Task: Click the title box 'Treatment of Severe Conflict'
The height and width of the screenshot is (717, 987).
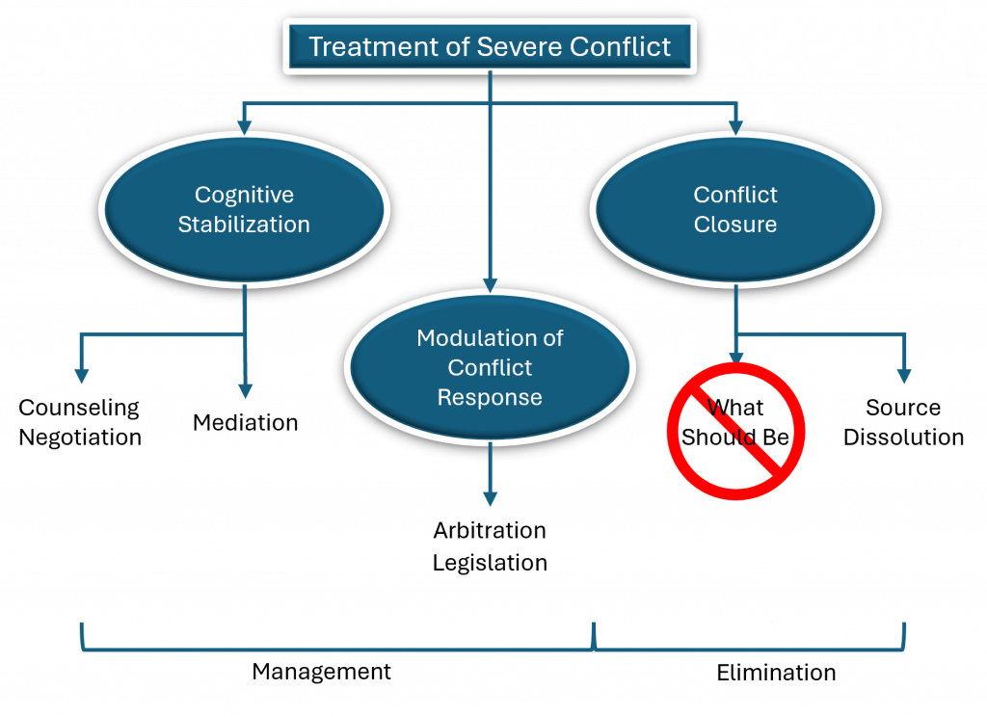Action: point(490,46)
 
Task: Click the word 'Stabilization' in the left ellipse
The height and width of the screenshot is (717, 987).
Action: point(244,225)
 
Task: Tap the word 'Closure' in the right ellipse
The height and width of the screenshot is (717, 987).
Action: point(734,225)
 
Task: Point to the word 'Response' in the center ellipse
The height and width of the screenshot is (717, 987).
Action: point(490,397)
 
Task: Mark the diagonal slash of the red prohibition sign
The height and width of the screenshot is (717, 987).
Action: point(735,431)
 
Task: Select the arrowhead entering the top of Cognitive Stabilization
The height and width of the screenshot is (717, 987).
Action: point(244,125)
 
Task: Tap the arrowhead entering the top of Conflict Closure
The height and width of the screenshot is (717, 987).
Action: point(735,125)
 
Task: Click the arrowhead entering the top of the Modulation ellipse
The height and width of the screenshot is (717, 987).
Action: point(490,284)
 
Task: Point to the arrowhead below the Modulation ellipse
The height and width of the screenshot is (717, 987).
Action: point(490,498)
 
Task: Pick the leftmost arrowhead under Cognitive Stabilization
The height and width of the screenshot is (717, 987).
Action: point(82,376)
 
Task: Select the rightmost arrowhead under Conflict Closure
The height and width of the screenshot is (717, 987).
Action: point(904,376)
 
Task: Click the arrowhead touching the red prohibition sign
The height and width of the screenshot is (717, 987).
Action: point(735,358)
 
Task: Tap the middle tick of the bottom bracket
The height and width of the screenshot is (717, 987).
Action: point(594,636)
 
